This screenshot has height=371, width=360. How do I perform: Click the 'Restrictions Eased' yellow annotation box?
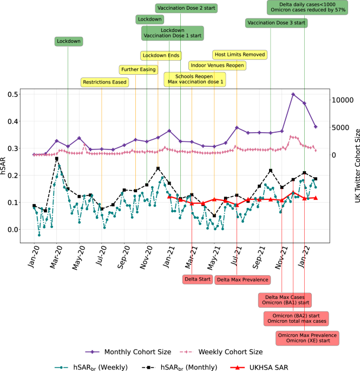(105, 82)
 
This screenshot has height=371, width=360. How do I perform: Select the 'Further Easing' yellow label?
(138, 69)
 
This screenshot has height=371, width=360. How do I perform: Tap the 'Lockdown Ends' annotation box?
(161, 56)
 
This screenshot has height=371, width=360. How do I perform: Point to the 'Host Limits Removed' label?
(240, 55)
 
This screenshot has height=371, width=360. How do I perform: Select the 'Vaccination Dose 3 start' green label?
(276, 23)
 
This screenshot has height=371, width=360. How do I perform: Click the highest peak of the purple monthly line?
(293, 94)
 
